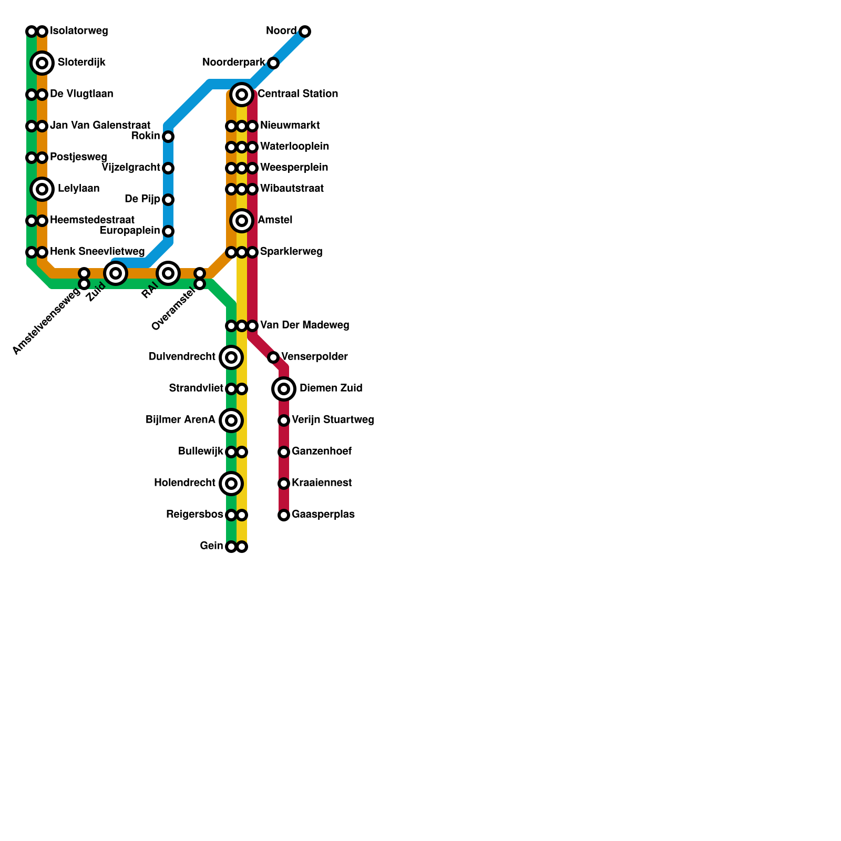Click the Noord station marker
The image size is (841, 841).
tap(305, 32)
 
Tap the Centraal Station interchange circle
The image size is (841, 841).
tap(242, 95)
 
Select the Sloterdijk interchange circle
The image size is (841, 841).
tap(42, 63)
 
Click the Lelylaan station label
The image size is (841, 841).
tap(78, 189)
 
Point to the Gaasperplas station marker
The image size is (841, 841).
tap(284, 515)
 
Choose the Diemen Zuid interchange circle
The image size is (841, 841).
tap(284, 389)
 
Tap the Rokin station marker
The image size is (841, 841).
tap(168, 137)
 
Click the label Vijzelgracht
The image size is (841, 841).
tap(130, 168)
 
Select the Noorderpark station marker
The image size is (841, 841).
tap(273, 63)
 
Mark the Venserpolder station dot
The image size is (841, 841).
tap(273, 357)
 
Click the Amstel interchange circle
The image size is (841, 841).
tap(242, 221)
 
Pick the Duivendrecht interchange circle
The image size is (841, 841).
tap(231, 357)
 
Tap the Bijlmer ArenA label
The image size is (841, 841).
tap(180, 420)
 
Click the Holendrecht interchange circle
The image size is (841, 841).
tap(231, 484)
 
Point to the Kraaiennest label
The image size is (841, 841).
tap(322, 483)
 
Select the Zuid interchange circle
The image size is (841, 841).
tap(116, 273)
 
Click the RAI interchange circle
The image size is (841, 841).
tap(168, 273)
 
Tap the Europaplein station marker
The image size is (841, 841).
tap(168, 231)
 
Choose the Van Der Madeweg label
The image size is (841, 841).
tap(304, 325)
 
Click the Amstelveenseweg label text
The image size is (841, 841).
tap(46, 322)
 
